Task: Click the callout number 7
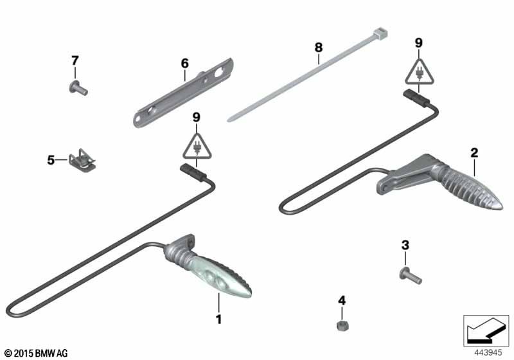pyautogui.click(x=75, y=60)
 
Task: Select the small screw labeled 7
pyautogui.click(x=78, y=88)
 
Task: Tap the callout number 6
pyautogui.click(x=185, y=63)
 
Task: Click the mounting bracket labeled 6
pyautogui.click(x=183, y=93)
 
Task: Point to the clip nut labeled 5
pyautogui.click(x=82, y=160)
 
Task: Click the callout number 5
pyautogui.click(x=51, y=160)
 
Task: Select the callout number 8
pyautogui.click(x=318, y=48)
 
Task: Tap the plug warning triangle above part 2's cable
pyautogui.click(x=419, y=72)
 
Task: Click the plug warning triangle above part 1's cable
pyautogui.click(x=197, y=147)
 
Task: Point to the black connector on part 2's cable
pyautogui.click(x=414, y=98)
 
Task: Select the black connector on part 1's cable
pyautogui.click(x=192, y=172)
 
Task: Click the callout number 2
pyautogui.click(x=474, y=152)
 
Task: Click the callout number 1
pyautogui.click(x=218, y=319)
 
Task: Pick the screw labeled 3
pyautogui.click(x=411, y=276)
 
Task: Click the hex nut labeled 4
pyautogui.click(x=342, y=325)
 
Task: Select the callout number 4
pyautogui.click(x=342, y=300)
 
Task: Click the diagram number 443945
pyautogui.click(x=488, y=353)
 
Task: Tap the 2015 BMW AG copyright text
pyautogui.click(x=37, y=353)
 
